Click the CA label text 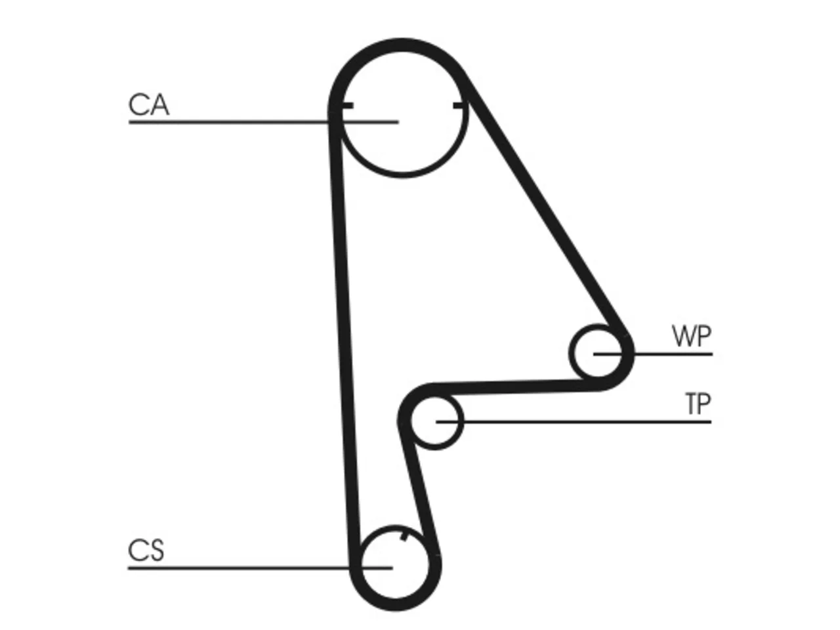[148, 104]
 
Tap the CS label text [146, 551]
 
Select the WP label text [692, 336]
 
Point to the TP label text [698, 404]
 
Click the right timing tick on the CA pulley [459, 106]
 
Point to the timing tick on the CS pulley [404, 537]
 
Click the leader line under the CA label [264, 122]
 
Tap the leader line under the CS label [261, 568]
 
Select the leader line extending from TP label [574, 422]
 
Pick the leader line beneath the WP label [653, 354]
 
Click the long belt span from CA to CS [345, 337]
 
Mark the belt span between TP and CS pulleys [419, 493]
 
